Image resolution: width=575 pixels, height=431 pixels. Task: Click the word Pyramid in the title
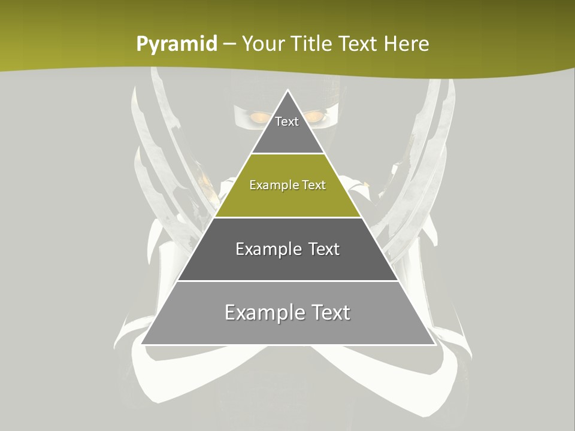tap(176, 44)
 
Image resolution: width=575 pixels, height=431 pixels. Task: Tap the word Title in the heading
tap(312, 44)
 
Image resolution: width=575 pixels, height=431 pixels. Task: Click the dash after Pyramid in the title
tap(229, 44)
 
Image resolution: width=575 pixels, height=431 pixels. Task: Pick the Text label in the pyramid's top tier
tap(287, 122)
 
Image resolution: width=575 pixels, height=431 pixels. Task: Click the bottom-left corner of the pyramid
tap(141, 344)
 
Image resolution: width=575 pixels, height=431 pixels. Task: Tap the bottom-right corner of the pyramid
tap(435, 344)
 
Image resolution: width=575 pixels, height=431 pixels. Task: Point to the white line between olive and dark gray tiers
tap(288, 217)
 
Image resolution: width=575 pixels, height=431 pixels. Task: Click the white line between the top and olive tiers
tap(288, 154)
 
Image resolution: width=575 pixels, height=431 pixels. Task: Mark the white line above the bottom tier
tap(288, 281)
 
